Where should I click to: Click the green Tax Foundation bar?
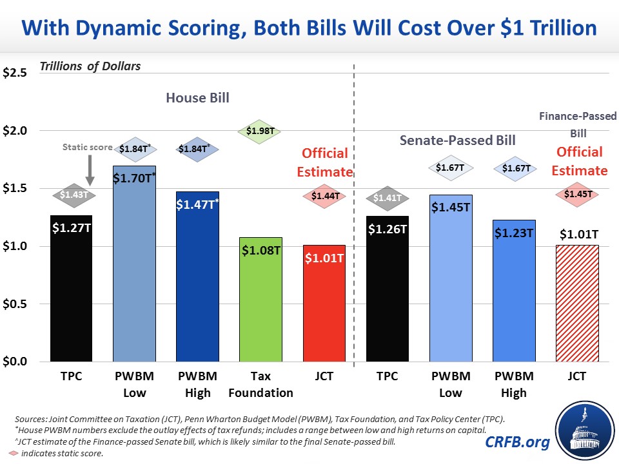(x=261, y=299)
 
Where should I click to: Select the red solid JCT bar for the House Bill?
(x=324, y=303)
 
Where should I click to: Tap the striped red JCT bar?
(x=577, y=303)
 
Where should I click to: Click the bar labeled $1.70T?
(x=135, y=264)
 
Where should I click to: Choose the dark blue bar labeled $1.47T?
(x=198, y=276)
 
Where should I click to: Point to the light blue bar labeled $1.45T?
(x=451, y=278)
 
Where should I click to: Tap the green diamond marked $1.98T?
(x=261, y=131)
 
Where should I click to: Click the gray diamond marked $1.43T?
(x=72, y=194)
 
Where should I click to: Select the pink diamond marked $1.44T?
(x=324, y=195)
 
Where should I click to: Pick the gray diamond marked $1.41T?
(x=388, y=197)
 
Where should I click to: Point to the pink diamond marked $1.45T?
(x=577, y=193)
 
